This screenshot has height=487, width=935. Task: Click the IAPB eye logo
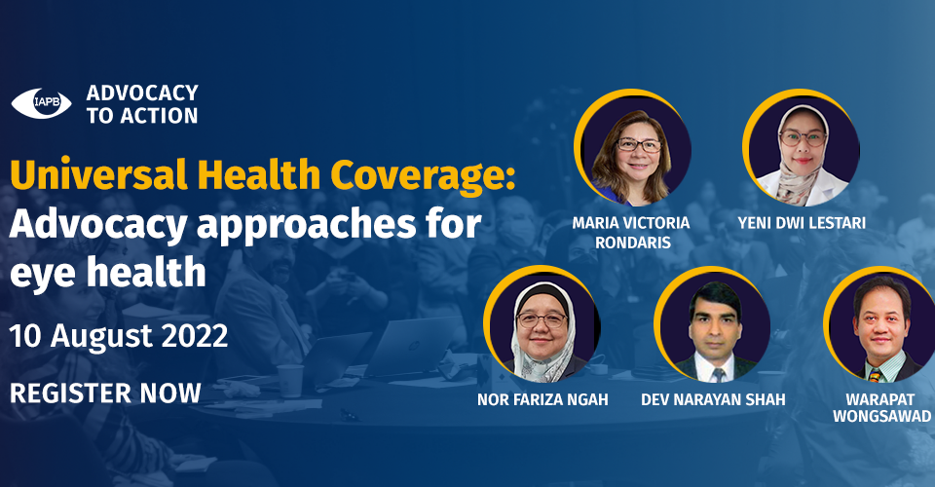pos(41,103)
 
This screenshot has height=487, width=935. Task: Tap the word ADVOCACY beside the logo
pos(142,93)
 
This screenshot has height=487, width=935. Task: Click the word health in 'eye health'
pos(146,272)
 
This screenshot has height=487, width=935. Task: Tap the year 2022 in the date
pos(195,336)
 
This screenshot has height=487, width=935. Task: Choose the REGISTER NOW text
pos(105,393)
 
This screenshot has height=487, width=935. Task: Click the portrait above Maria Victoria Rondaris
pos(633,148)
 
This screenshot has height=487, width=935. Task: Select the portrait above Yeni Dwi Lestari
pos(802,148)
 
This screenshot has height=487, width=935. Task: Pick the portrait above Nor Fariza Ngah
pos(542,325)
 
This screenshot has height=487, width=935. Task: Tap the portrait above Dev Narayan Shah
pos(713,325)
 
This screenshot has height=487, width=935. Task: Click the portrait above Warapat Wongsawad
pos(881,325)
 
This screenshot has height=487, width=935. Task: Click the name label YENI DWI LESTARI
pos(802,223)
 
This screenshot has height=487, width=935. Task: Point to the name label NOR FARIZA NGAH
pos(542,399)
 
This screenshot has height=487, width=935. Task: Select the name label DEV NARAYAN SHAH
pos(713,399)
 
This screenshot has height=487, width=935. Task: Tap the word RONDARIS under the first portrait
pos(633,243)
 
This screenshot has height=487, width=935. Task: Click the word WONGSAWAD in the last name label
pos(882,416)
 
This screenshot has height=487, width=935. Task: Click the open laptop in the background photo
pos(411,347)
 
